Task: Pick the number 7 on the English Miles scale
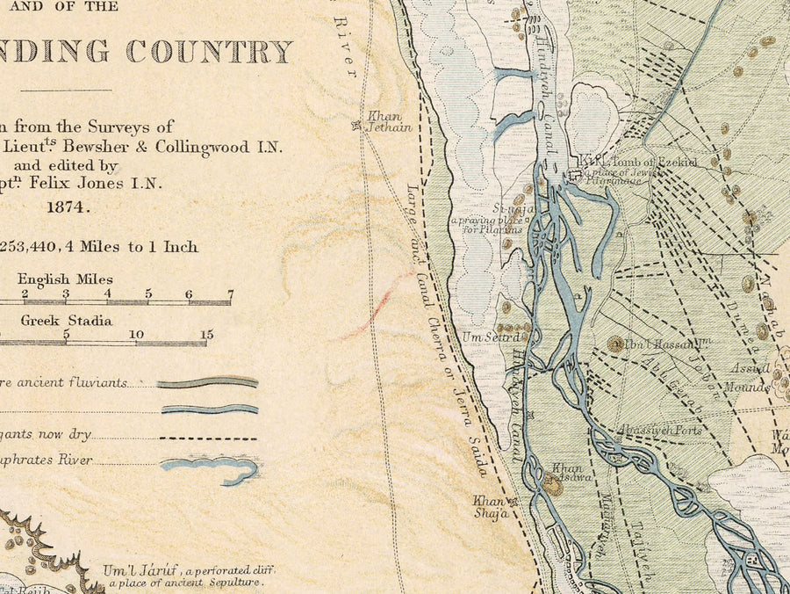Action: (230, 293)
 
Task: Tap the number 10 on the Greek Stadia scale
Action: (136, 335)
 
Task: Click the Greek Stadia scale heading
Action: (66, 321)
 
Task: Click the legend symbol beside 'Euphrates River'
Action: (211, 468)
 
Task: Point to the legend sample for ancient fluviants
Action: (209, 383)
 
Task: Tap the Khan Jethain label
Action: (384, 121)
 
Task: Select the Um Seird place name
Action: (497, 337)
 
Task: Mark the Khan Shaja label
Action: (492, 507)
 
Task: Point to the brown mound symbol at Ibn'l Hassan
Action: (615, 344)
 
